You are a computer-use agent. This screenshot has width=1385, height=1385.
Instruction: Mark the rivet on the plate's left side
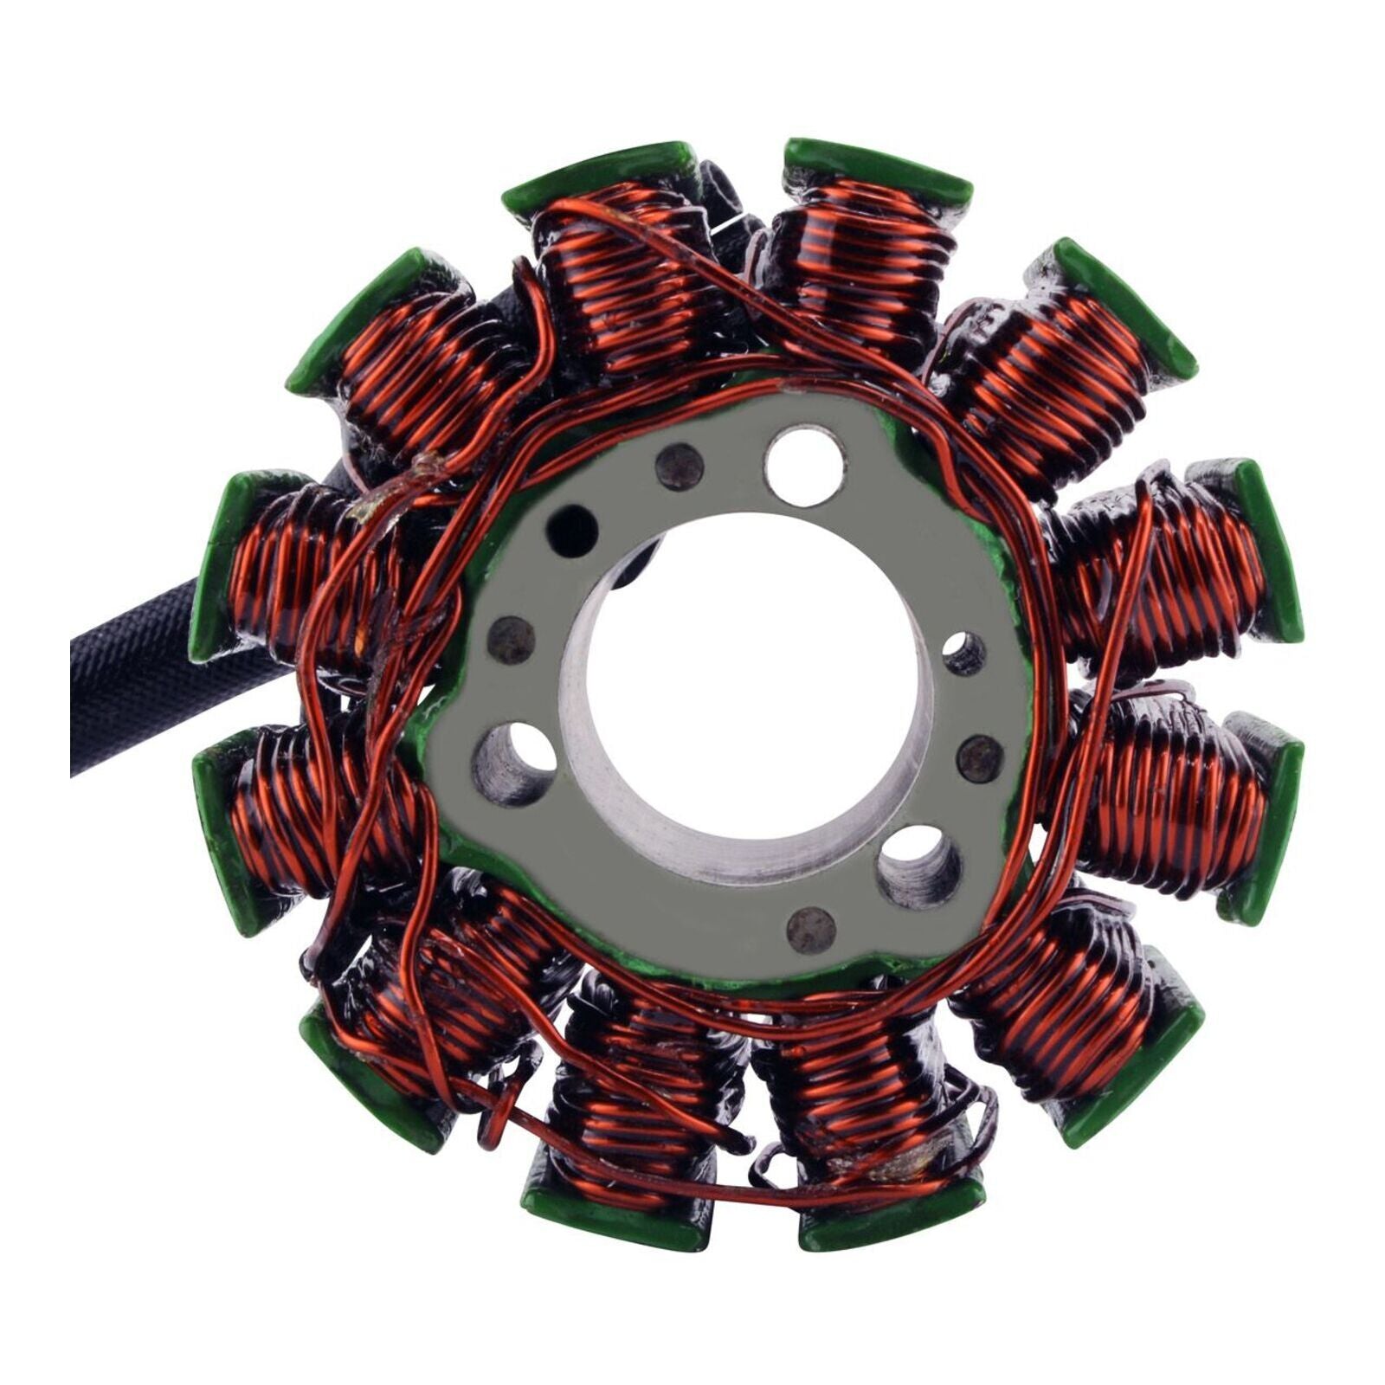click(x=511, y=639)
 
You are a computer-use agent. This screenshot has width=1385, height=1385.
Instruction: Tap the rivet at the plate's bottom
click(x=811, y=931)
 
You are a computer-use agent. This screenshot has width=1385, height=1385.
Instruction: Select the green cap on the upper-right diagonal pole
click(x=1125, y=312)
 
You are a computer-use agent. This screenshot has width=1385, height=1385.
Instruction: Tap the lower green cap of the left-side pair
click(x=227, y=831)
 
